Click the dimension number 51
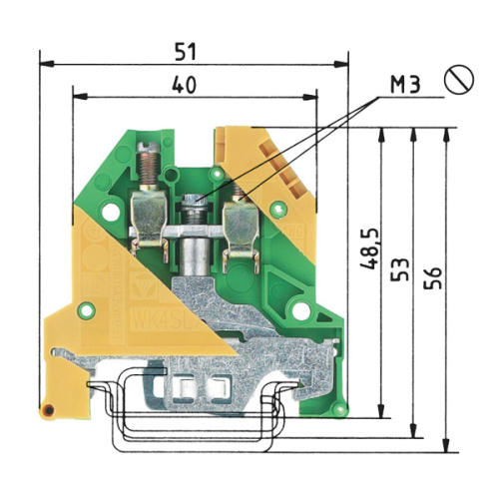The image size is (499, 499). (186, 52)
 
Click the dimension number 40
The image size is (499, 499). (184, 85)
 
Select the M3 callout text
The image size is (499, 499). (405, 85)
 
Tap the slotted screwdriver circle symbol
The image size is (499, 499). (459, 79)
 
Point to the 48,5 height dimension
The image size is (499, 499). (369, 249)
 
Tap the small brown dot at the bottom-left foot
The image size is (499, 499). (49, 410)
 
